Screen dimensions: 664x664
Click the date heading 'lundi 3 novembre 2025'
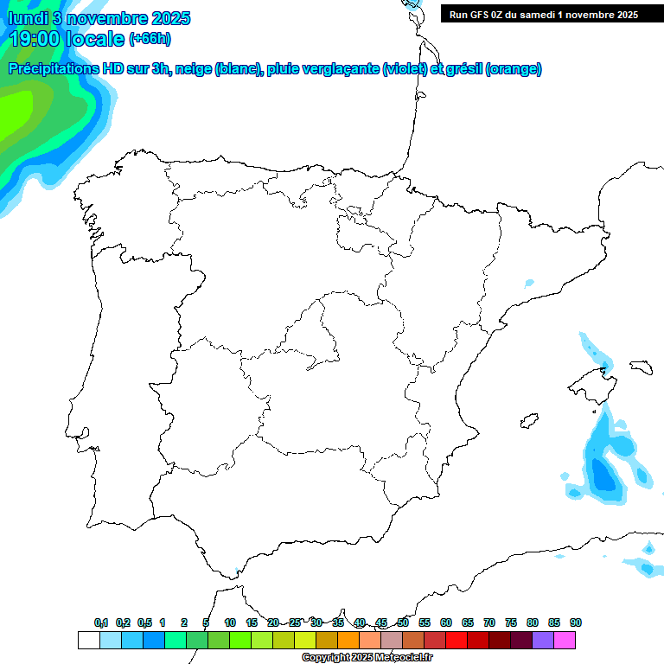99,18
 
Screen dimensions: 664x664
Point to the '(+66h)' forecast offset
150,39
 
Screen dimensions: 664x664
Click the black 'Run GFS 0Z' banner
543,14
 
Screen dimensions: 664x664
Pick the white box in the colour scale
88,640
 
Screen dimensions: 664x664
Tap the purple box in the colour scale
543,640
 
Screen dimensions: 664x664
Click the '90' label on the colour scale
576,622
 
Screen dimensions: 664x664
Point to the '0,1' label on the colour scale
101,622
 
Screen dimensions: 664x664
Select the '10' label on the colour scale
230,622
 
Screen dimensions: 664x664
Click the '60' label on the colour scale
446,622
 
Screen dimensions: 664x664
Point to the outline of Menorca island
641,367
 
